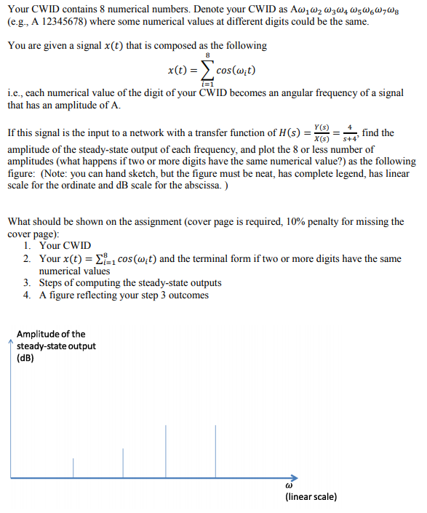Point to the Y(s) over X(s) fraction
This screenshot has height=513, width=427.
(x=319, y=135)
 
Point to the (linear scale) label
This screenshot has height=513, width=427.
(x=311, y=497)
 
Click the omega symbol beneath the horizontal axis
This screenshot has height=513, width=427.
(x=289, y=484)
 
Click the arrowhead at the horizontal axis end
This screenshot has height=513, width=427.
(x=294, y=476)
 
